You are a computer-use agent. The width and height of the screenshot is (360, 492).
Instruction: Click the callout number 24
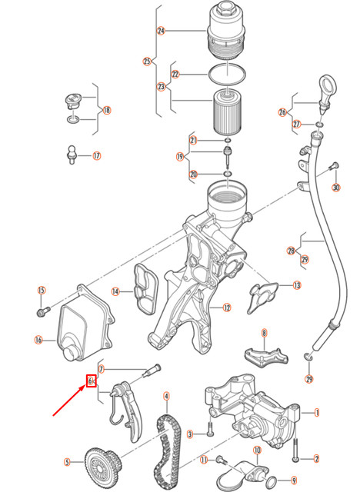coord(161,32)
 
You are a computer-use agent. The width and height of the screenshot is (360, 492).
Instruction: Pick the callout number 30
coord(335,188)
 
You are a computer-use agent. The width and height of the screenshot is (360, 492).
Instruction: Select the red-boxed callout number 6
coord(91,381)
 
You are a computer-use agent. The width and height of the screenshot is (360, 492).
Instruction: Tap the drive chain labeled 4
coord(165,445)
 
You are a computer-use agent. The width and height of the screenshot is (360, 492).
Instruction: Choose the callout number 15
coord(42,290)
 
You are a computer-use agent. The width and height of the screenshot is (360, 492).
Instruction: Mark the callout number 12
coord(227,307)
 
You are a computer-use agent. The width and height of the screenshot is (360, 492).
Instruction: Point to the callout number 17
coord(96,156)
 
